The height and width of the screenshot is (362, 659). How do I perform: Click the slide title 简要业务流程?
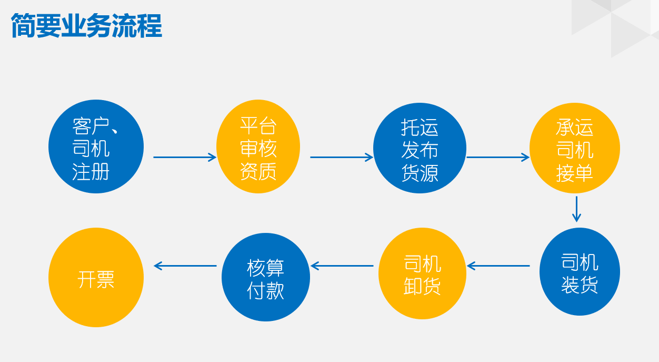[x=86, y=25]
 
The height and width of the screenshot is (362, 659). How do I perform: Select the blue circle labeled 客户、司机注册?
[x=96, y=146]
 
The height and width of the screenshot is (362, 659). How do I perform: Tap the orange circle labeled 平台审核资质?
[x=258, y=146]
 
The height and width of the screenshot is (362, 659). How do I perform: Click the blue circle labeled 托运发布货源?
[x=420, y=148]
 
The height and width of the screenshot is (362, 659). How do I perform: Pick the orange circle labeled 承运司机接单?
[x=575, y=148]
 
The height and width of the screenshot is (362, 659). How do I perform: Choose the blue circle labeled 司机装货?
[x=580, y=271]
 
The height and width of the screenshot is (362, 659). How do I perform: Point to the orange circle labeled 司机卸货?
[x=422, y=273]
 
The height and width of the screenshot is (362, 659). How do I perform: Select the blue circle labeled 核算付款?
[x=266, y=277]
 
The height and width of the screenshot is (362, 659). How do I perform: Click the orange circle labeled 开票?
[x=96, y=277]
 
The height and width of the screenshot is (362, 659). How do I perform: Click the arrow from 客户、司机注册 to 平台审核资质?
[x=185, y=158]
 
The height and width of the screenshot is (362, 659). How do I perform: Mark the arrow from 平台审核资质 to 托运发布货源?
[x=342, y=158]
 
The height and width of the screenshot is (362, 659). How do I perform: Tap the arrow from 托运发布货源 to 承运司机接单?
[x=498, y=158]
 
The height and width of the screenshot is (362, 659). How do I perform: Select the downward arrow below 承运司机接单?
[x=576, y=209]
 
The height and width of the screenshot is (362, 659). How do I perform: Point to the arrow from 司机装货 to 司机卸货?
[x=498, y=266]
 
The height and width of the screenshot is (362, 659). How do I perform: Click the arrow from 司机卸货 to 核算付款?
[x=342, y=266]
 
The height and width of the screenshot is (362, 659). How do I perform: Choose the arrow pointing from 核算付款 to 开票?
[x=185, y=266]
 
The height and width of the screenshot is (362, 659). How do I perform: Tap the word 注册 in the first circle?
[x=91, y=171]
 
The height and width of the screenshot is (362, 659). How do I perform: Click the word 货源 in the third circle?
[x=420, y=173]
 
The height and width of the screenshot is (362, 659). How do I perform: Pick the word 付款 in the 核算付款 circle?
[x=265, y=290]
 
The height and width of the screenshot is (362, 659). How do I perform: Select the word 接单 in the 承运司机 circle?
[x=575, y=173]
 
